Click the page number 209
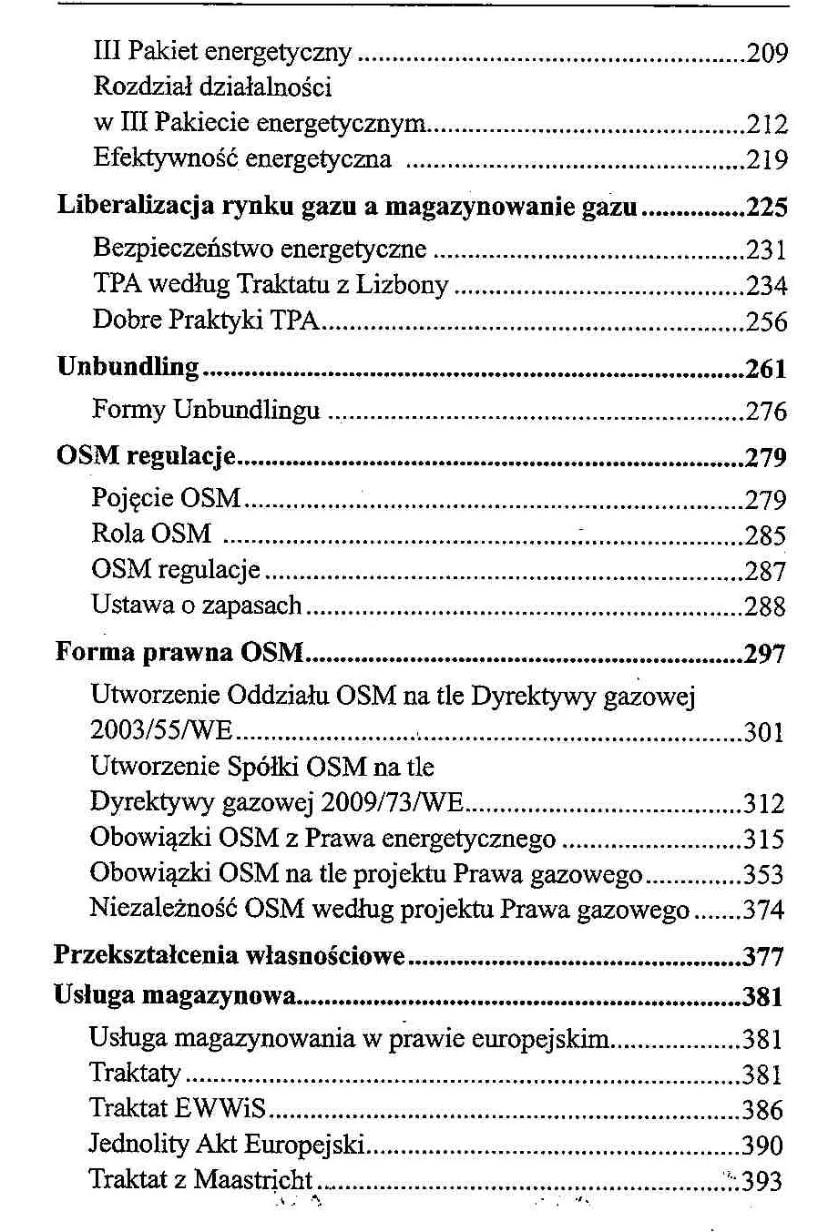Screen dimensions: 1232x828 [x=766, y=53]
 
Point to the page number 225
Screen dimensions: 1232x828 [x=766, y=208]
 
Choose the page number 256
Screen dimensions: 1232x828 [x=766, y=321]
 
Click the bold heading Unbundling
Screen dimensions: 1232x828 [x=128, y=366]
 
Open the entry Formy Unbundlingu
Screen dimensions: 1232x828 [x=206, y=410]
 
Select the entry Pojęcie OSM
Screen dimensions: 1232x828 [x=166, y=498]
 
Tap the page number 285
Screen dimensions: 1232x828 [x=765, y=535]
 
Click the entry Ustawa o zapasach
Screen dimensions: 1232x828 [x=196, y=605]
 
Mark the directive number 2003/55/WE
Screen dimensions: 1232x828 [x=161, y=731]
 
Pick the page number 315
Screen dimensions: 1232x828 [x=763, y=839]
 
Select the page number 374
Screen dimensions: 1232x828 [x=763, y=910]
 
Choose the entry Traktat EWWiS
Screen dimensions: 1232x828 [x=177, y=1108]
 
